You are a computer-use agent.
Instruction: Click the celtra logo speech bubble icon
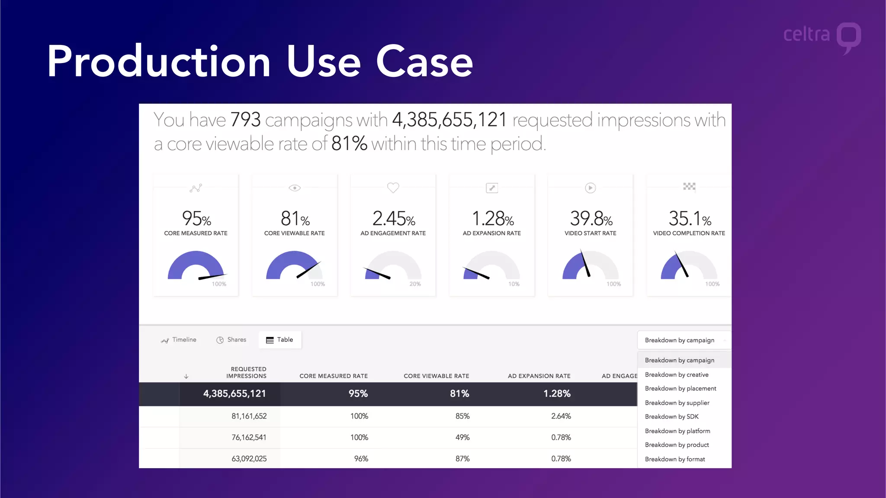point(848,37)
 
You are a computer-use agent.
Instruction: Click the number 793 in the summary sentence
point(245,120)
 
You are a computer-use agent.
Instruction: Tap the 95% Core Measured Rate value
point(196,219)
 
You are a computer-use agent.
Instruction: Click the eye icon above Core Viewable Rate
point(295,188)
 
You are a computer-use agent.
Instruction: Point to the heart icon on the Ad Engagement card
point(393,188)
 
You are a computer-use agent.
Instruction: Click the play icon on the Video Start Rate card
point(590,188)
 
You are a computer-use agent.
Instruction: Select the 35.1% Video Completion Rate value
point(690,219)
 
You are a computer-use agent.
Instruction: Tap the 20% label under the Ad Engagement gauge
point(415,284)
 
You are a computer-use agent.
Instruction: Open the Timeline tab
point(179,340)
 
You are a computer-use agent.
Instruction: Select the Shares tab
point(231,340)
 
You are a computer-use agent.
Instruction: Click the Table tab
point(279,340)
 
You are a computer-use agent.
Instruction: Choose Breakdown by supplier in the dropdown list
point(677,403)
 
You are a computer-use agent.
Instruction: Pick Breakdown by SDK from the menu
point(671,417)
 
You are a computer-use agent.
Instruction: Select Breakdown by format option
point(675,459)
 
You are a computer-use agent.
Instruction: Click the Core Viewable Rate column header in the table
point(436,376)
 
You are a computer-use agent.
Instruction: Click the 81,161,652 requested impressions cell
point(249,416)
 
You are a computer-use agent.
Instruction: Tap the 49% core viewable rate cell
point(462,437)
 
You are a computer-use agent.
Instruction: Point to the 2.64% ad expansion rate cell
point(561,416)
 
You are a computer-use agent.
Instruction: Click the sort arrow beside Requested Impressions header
point(186,377)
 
